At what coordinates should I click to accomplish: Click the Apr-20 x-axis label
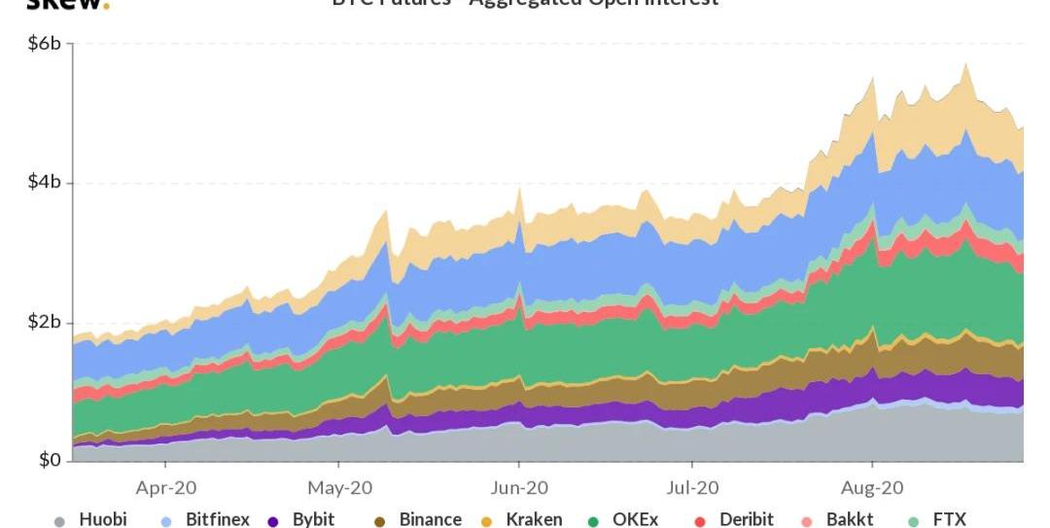(166, 487)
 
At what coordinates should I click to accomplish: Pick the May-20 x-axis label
(339, 487)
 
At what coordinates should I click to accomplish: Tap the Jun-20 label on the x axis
(518, 487)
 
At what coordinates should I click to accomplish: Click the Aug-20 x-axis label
(871, 487)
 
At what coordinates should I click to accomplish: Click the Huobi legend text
(103, 519)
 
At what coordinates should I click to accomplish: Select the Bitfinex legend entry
(217, 519)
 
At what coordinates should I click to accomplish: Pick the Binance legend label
(430, 519)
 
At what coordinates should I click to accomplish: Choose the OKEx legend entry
(635, 519)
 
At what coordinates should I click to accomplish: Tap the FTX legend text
(950, 519)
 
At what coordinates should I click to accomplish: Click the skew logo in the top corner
(67, 4)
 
